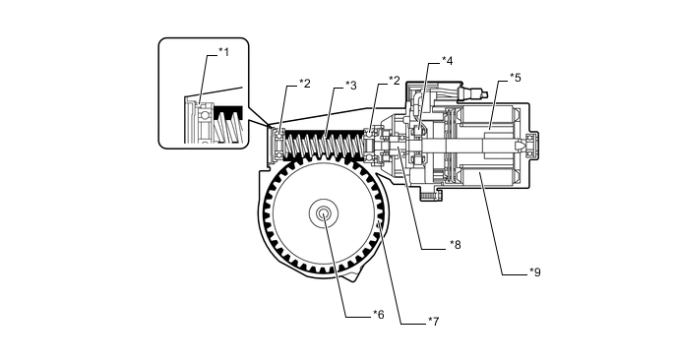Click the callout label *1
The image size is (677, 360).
click(223, 52)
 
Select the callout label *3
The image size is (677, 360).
click(351, 85)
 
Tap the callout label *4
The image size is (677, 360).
click(448, 61)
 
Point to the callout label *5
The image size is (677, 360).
click(515, 78)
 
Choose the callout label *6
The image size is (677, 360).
click(378, 315)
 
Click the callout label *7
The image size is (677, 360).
click(433, 322)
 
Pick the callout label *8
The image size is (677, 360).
click(455, 245)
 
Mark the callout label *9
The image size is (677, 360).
click(535, 271)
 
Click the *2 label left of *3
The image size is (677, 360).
click(304, 84)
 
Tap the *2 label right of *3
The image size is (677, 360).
click(394, 81)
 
